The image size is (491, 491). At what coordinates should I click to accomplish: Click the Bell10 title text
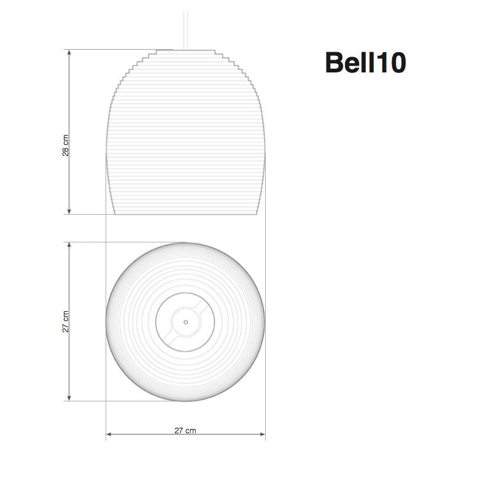[x=365, y=63]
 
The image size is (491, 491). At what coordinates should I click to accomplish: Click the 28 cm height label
[x=66, y=145]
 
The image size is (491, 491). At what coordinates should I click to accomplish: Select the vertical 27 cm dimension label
[x=66, y=322]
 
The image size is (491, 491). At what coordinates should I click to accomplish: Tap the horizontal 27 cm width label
[x=185, y=430]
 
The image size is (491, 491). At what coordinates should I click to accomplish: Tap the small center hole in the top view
[x=185, y=321]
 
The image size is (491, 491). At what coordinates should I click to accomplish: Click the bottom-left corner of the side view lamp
[x=115, y=214]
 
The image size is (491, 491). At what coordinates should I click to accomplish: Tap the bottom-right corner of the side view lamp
[x=257, y=214]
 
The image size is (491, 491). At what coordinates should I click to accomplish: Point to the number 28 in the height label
[x=66, y=150]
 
